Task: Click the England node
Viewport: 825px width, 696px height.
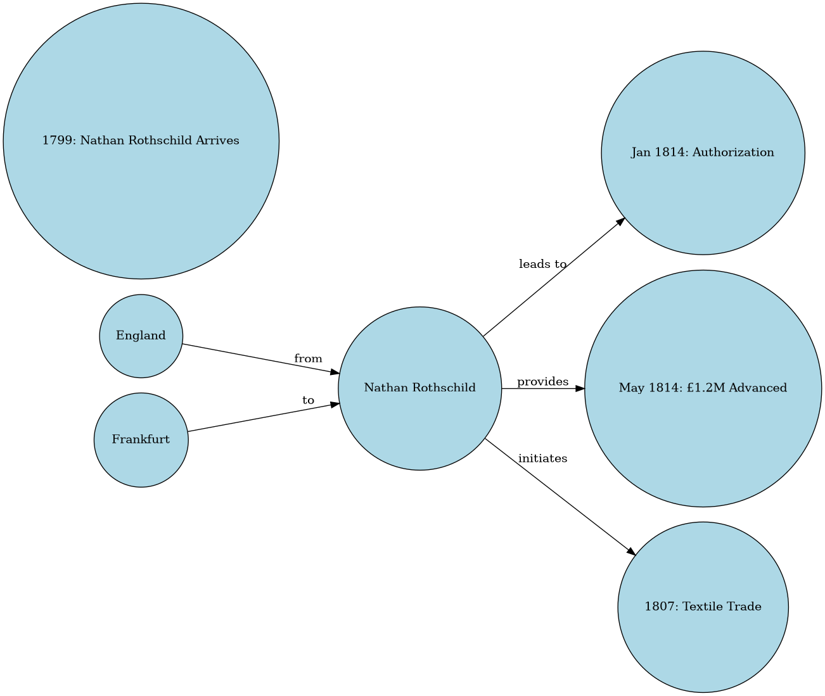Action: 141,336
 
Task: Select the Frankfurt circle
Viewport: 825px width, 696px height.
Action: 141,440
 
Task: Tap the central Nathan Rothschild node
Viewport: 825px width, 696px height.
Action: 419,388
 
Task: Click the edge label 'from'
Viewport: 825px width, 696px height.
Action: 308,359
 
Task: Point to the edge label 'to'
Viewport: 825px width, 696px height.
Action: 308,400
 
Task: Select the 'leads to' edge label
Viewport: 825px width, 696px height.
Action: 542,264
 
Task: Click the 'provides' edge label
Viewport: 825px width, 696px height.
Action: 542,381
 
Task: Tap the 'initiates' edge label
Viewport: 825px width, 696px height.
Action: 542,458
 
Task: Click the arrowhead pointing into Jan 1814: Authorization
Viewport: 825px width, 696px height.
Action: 621,222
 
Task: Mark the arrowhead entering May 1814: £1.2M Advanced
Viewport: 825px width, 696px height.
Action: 580,388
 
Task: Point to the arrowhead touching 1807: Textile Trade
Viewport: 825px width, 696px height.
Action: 630,552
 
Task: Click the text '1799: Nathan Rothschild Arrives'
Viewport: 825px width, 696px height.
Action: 141,141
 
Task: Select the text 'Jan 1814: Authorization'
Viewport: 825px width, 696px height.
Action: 703,153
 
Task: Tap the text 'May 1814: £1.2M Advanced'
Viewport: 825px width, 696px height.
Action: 703,388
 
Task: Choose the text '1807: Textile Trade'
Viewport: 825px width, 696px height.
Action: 703,607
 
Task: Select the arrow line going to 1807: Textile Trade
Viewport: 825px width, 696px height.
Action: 558,495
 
